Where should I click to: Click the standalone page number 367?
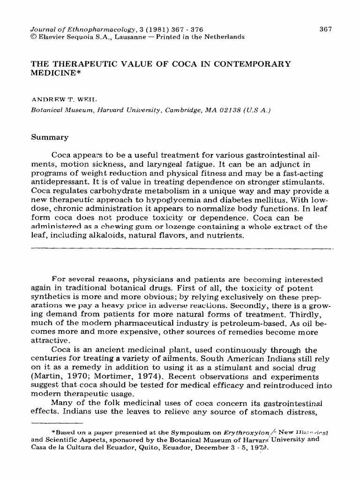pyautogui.click(x=325, y=29)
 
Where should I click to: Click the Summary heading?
pyautogui.click(x=50, y=137)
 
